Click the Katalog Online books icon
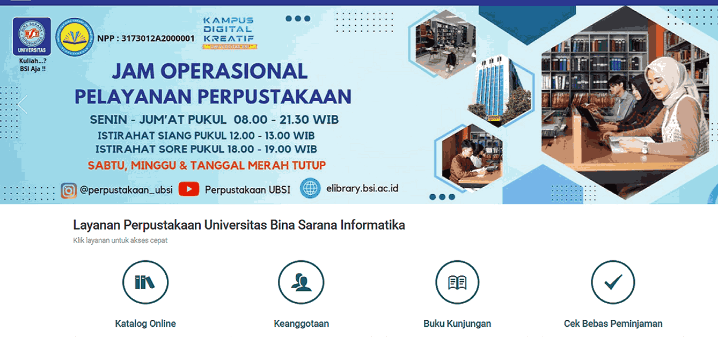point(145,282)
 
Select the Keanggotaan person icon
point(301,282)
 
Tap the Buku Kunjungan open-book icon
point(457,282)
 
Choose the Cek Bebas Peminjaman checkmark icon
point(613,282)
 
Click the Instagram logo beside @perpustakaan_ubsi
point(69,190)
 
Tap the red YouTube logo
point(188,189)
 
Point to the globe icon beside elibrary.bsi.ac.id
point(310,188)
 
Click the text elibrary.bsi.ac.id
point(362,188)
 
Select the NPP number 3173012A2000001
point(158,39)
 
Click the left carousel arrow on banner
point(22,104)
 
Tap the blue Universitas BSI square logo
point(32,36)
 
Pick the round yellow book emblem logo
point(75,36)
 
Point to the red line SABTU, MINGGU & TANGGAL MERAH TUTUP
point(207,165)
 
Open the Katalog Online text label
point(145,324)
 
